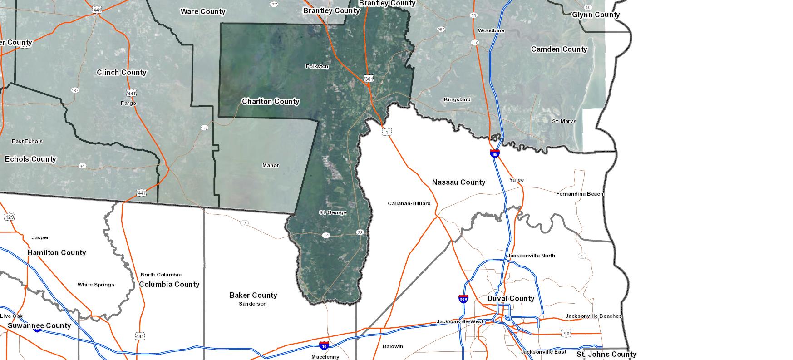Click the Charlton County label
click(x=271, y=101)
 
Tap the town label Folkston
click(x=317, y=66)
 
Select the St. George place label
click(x=333, y=212)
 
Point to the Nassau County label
click(x=458, y=182)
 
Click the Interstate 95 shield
click(x=495, y=154)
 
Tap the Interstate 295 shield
click(x=463, y=299)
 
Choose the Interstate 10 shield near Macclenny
click(x=324, y=346)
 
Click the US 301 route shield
click(x=369, y=79)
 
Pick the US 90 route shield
click(x=566, y=334)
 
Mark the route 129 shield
click(x=10, y=217)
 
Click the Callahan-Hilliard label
click(x=409, y=203)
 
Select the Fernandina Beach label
click(x=580, y=194)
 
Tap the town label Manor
click(x=271, y=165)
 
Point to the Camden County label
click(x=559, y=49)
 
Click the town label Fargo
click(x=128, y=103)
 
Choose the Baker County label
click(x=253, y=295)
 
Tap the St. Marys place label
click(x=564, y=121)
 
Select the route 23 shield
click(x=360, y=232)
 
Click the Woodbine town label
click(x=491, y=30)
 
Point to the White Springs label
click(x=96, y=285)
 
